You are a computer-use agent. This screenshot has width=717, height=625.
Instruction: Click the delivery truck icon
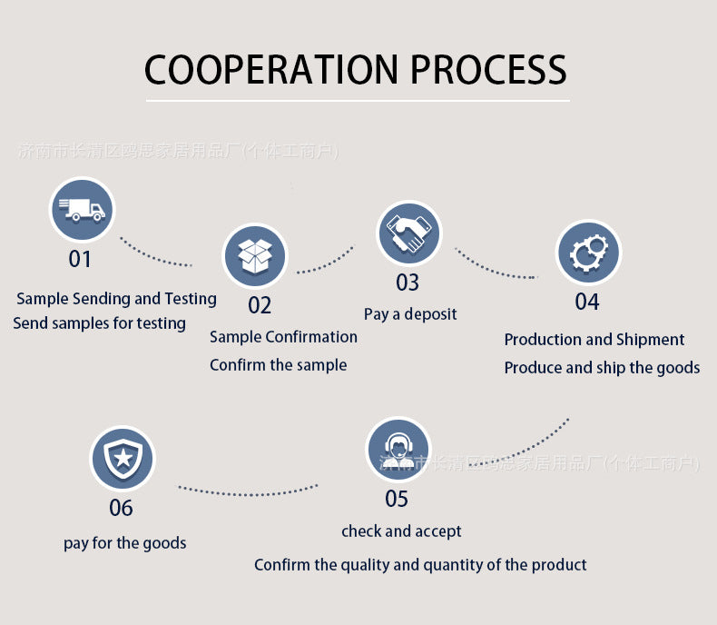coord(82,210)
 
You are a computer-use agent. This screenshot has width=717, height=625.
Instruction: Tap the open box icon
coord(255,256)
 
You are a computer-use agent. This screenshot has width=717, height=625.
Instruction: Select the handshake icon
coord(408,233)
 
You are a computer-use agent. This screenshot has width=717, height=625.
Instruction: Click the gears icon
coord(587,253)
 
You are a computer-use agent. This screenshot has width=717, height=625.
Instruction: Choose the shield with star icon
coord(123,459)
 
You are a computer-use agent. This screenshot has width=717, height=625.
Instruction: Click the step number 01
coord(80,260)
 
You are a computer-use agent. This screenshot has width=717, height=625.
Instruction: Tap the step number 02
coord(260,305)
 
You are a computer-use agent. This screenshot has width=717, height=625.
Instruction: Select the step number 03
coord(408,283)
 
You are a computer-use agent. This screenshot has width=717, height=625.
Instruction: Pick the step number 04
coord(587,302)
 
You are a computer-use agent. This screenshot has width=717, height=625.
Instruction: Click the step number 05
coord(397,499)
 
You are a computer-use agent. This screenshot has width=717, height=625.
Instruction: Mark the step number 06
coord(121,507)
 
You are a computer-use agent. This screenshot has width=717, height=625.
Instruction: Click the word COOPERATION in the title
coord(270,70)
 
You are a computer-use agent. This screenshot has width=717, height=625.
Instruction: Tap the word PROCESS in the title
coord(488,70)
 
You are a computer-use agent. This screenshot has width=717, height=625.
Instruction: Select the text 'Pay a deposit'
coord(410,314)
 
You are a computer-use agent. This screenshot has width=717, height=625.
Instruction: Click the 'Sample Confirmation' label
coord(283,337)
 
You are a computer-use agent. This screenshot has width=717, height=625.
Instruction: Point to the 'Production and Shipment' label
coord(594,340)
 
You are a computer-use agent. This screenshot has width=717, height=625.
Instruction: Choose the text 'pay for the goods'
coord(125,543)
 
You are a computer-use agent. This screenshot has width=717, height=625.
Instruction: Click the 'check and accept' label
coord(401,531)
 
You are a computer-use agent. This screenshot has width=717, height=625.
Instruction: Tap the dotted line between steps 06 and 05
coord(247,492)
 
